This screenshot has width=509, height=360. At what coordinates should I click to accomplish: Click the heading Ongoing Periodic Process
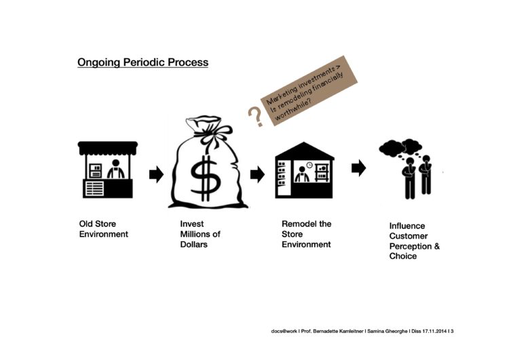pyautogui.click(x=143, y=62)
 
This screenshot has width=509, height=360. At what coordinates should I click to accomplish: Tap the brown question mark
pyautogui.click(x=255, y=116)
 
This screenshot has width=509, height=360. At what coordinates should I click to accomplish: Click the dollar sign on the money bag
pyautogui.click(x=205, y=178)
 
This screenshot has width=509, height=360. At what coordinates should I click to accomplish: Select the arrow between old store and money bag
pyautogui.click(x=157, y=175)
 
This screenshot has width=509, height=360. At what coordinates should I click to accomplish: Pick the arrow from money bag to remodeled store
pyautogui.click(x=257, y=175)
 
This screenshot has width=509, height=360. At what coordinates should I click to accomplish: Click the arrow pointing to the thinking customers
pyautogui.click(x=359, y=168)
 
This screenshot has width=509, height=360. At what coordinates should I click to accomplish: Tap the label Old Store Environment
pyautogui.click(x=104, y=229)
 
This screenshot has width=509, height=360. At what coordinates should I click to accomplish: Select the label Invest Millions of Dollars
pyautogui.click(x=200, y=234)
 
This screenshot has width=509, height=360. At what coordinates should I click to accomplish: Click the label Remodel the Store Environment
pyautogui.click(x=307, y=234)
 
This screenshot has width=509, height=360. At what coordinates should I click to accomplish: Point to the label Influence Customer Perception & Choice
pyautogui.click(x=415, y=240)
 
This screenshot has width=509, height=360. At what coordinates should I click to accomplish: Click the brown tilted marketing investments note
pyautogui.click(x=309, y=90)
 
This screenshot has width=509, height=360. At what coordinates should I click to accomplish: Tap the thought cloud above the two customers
pyautogui.click(x=400, y=148)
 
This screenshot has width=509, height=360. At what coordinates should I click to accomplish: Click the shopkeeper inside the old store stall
pyautogui.click(x=116, y=169)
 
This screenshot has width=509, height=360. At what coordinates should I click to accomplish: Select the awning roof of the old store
pyautogui.click(x=108, y=147)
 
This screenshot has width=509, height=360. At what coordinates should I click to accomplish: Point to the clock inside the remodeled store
pyautogui.click(x=309, y=165)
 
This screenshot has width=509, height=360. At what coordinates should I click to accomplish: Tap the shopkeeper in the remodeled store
pyautogui.click(x=302, y=175)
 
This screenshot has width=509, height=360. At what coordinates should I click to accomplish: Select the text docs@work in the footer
pyautogui.click(x=284, y=331)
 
